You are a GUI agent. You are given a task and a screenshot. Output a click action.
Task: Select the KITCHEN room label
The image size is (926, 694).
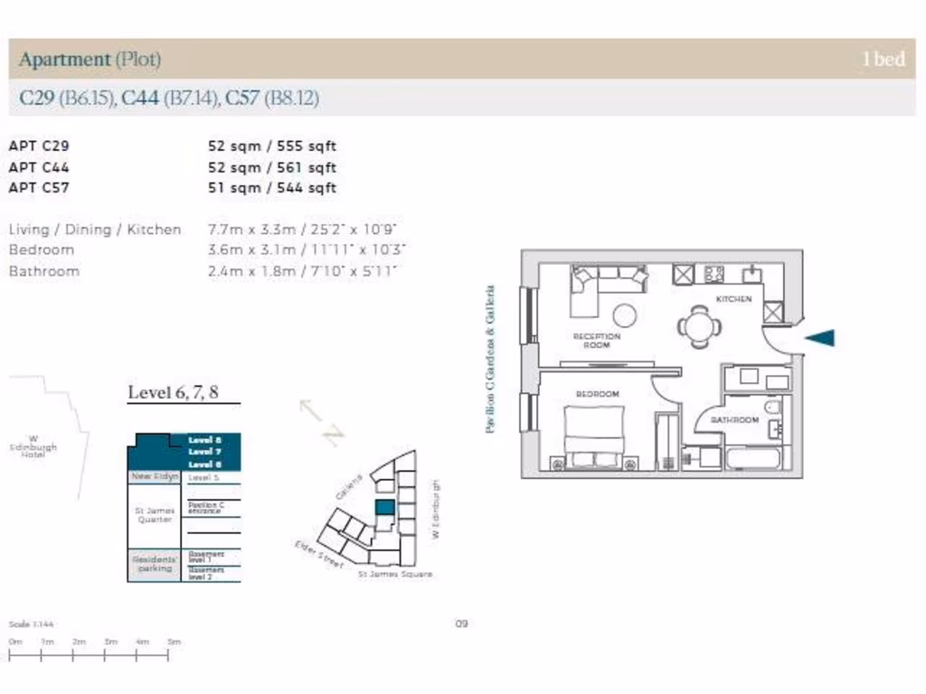pos(733,299)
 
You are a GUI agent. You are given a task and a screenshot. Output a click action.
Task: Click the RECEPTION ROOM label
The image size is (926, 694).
pos(597,341)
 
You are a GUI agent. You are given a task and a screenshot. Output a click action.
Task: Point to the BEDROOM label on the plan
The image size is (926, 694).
pos(598,394)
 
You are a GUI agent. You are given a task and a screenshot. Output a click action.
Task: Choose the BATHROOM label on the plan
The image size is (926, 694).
pos(733,420)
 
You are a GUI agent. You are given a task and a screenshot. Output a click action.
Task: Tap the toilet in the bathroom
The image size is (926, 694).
pos(772,408)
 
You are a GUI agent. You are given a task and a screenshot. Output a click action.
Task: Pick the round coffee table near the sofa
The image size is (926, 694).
pos(624,315)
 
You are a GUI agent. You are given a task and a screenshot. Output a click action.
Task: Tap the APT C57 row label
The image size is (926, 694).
pos(39,188)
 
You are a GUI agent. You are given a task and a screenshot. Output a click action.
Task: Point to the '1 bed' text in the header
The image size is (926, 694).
pos(883,60)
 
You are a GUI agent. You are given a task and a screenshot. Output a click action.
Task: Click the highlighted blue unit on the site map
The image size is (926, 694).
pos(384,508)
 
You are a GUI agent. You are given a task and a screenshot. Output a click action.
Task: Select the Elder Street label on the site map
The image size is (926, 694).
pos(318,553)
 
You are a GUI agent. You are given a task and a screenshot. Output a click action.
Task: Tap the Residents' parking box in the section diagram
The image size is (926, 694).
pos(155,564)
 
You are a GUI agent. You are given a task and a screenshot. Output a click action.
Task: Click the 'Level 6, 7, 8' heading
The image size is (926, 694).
pos(173,392)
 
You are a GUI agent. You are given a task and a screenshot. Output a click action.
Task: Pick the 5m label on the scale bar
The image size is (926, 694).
pos(174,642)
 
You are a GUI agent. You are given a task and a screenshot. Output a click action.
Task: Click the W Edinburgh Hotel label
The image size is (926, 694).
pos(33,447)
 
